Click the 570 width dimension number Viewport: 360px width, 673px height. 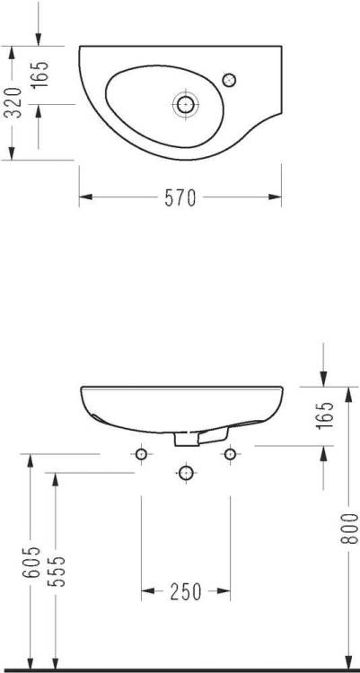[x=180, y=198]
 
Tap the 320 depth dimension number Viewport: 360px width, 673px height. [x=15, y=102]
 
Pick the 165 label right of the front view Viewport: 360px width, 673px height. [x=327, y=415]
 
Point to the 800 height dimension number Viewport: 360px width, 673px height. [x=350, y=529]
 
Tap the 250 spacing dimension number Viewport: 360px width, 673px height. [x=186, y=592]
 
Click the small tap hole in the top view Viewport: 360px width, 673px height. [x=230, y=80]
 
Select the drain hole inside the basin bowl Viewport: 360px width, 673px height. [x=186, y=104]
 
